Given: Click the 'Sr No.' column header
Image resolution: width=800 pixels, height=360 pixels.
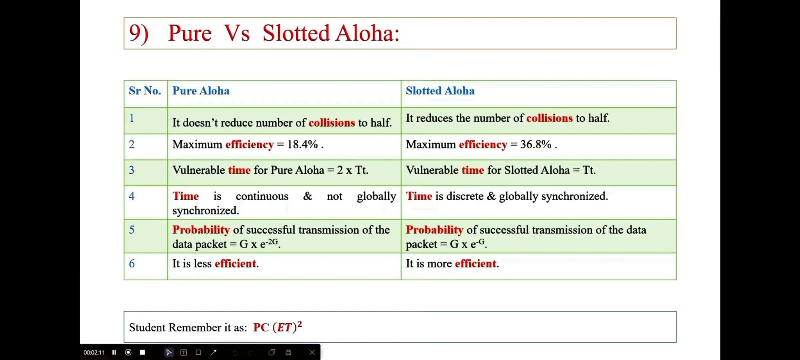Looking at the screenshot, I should pyautogui.click(x=145, y=91).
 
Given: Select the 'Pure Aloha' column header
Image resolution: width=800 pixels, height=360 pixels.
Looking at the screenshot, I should pyautogui.click(x=201, y=91).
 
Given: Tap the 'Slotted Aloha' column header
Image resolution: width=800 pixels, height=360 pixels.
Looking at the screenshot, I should pyautogui.click(x=440, y=91).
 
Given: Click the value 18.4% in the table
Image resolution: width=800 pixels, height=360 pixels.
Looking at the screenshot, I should pyautogui.click(x=302, y=144).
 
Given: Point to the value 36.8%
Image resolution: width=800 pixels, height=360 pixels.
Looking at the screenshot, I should pyautogui.click(x=536, y=144).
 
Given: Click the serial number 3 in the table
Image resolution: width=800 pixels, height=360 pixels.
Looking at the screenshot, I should pyautogui.click(x=132, y=170).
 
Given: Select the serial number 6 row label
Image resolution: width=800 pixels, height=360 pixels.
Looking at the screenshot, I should pyautogui.click(x=132, y=264).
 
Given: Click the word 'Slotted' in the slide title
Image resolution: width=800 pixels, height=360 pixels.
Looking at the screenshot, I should pyautogui.click(x=296, y=33).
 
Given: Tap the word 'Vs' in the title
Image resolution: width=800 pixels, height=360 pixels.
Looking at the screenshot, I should pyautogui.click(x=236, y=33).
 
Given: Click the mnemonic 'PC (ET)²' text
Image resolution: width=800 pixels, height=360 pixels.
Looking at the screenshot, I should pyautogui.click(x=277, y=327).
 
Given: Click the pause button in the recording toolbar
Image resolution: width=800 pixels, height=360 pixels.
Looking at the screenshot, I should pyautogui.click(x=114, y=352).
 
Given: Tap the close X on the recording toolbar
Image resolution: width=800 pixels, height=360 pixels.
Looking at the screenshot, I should pyautogui.click(x=312, y=352).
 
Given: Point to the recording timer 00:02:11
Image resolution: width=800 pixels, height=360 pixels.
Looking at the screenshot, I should pyautogui.click(x=94, y=352).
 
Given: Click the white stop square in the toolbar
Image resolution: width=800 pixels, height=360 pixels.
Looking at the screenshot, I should pyautogui.click(x=143, y=352).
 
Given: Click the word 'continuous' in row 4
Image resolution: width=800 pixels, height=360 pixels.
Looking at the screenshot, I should pyautogui.click(x=262, y=196).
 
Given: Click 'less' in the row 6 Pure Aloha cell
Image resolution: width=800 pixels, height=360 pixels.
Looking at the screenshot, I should pyautogui.click(x=203, y=264).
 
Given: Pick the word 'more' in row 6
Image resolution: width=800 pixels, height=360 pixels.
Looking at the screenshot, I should pyautogui.click(x=439, y=264).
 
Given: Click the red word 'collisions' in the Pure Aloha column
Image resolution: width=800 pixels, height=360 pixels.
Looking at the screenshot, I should pyautogui.click(x=332, y=123).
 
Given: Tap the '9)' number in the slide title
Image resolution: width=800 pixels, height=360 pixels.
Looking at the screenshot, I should pyautogui.click(x=139, y=33).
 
